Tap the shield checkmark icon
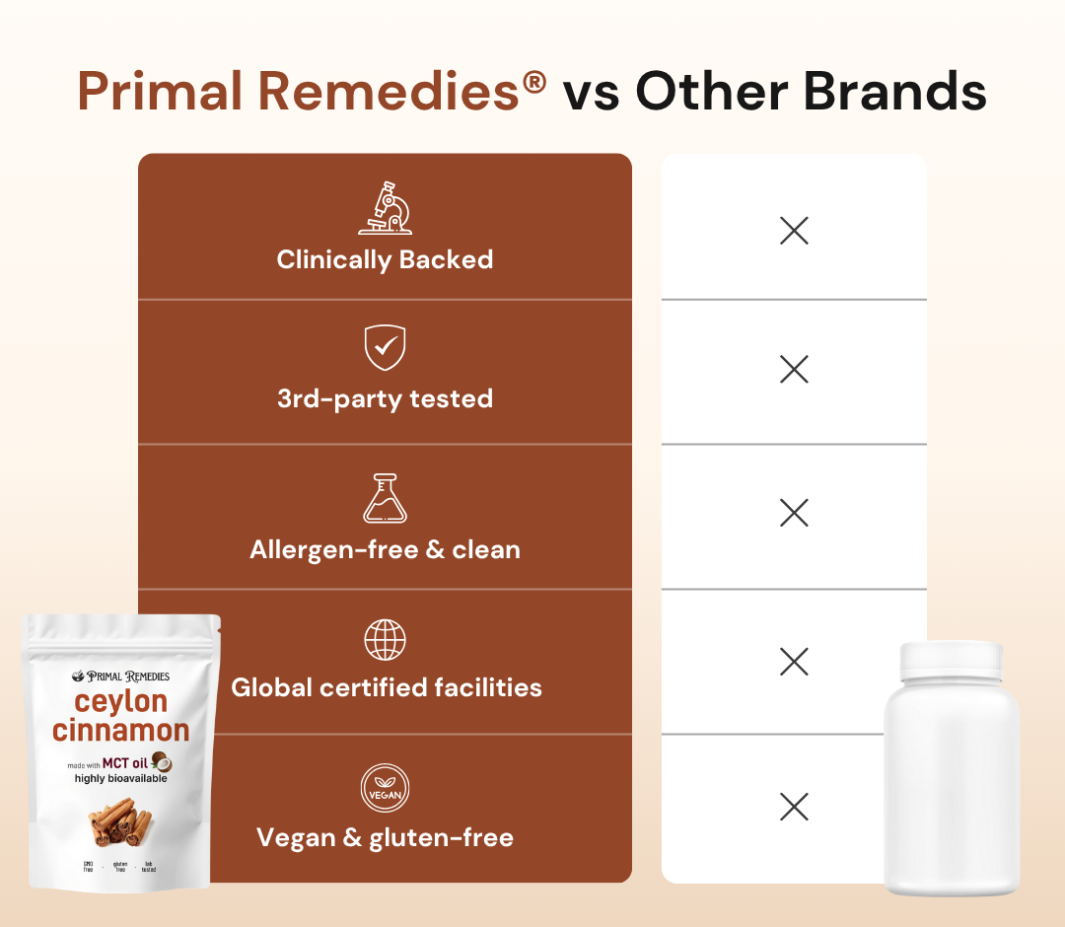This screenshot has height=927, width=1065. coord(385,347)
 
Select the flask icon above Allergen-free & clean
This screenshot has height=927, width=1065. coord(385,498)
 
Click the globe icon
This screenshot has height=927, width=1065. coord(385,640)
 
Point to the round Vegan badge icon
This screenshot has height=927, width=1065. coord(385,789)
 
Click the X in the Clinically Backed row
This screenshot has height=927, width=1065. coord(794,231)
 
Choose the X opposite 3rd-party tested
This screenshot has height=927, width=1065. coord(794,370)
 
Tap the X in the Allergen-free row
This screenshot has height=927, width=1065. coord(794,513)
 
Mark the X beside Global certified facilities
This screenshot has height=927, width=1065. coord(794,661)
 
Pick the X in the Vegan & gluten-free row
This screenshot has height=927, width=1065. coord(794,807)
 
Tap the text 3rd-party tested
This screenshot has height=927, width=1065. coord(385,398)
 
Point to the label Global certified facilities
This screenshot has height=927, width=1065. coord(386,687)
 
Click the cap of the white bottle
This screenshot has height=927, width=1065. coord(951,659)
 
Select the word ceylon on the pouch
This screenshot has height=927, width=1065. coord(120,702)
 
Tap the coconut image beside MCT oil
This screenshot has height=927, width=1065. coord(162,762)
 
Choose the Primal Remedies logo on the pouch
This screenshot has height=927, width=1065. coord(120,677)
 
